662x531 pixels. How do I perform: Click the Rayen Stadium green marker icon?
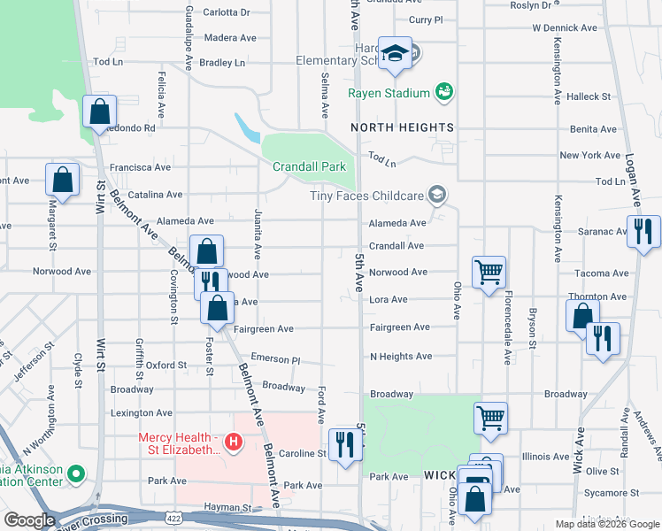click(x=443, y=92)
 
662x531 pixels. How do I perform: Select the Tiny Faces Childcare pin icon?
click(x=435, y=195)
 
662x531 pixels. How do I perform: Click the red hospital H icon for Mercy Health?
click(x=234, y=441)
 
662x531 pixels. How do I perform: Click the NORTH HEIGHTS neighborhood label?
click(x=402, y=127)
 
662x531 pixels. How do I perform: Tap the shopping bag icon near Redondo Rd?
click(x=100, y=112)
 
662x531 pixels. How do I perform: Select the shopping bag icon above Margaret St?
click(x=64, y=180)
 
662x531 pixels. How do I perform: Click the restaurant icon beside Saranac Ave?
click(x=643, y=230)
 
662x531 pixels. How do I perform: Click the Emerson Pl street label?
click(x=275, y=360)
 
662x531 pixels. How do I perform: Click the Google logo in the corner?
click(x=30, y=520)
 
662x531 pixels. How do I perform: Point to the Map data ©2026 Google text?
click(x=606, y=524)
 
